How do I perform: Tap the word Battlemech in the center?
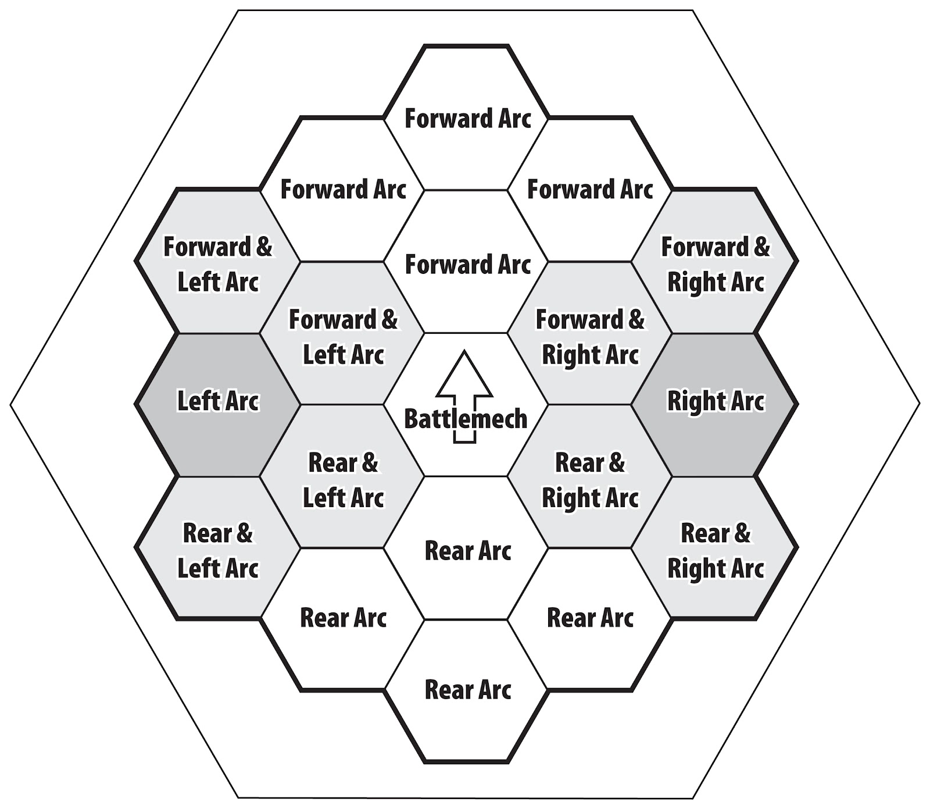pyautogui.click(x=465, y=419)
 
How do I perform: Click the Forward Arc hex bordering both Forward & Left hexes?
pyautogui.click(x=343, y=190)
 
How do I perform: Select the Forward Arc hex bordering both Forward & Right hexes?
pyautogui.click(x=590, y=190)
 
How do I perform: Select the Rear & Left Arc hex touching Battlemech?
pyautogui.click(x=343, y=479)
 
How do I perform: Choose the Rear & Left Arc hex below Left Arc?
pyautogui.click(x=217, y=550)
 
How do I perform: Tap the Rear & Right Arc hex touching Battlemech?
pyautogui.click(x=590, y=479)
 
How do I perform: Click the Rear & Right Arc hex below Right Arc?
pyautogui.click(x=715, y=550)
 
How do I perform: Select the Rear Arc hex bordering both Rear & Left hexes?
pyautogui.click(x=343, y=618)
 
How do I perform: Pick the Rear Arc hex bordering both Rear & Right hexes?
pyautogui.click(x=590, y=618)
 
